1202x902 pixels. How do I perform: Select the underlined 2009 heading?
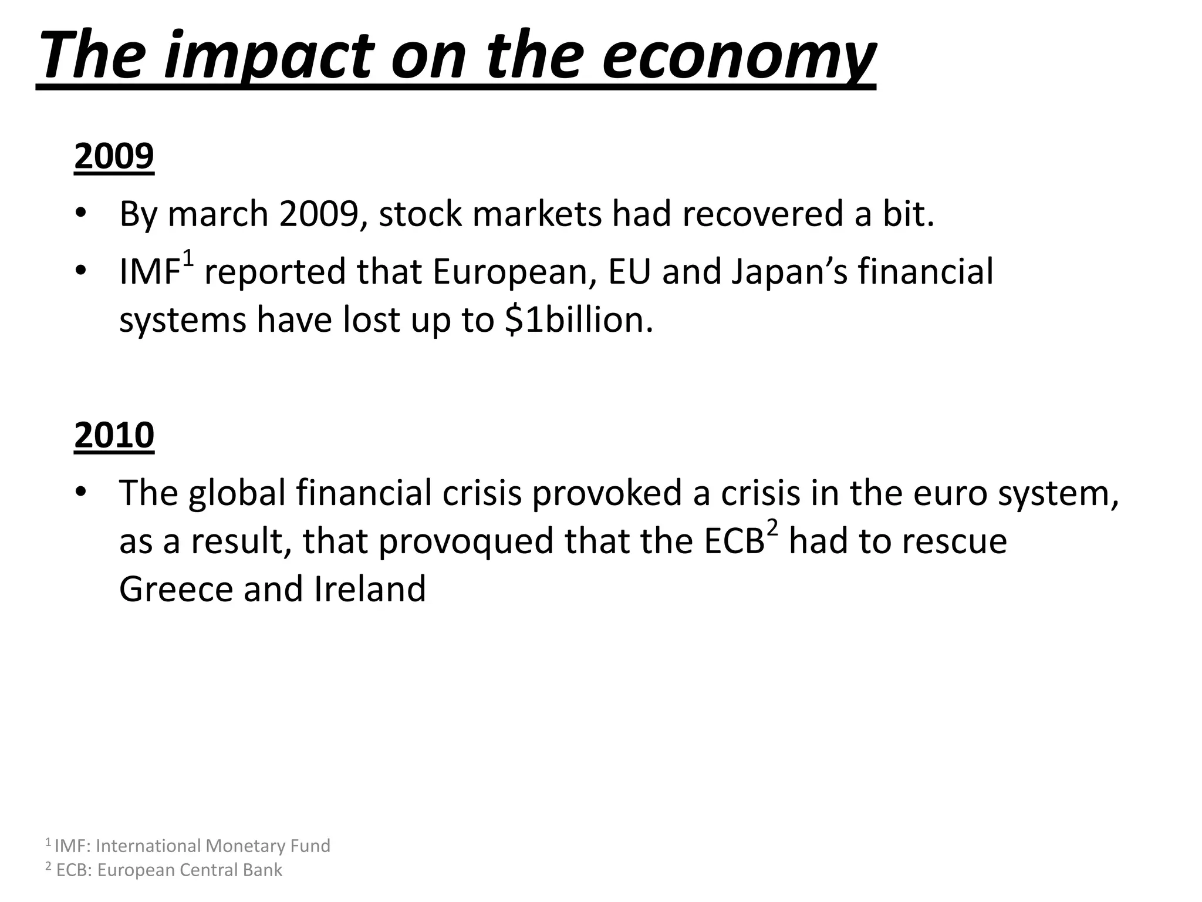pos(114,156)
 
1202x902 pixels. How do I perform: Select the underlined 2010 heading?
pos(114,435)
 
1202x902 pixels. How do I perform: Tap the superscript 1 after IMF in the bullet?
pos(188,258)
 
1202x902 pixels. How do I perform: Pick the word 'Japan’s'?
pos(789,272)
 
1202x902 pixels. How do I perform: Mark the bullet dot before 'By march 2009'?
pos(81,214)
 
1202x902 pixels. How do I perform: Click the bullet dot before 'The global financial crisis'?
pos(81,492)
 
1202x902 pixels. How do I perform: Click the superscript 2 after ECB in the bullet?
pos(772,529)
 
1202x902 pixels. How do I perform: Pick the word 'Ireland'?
pos(370,589)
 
